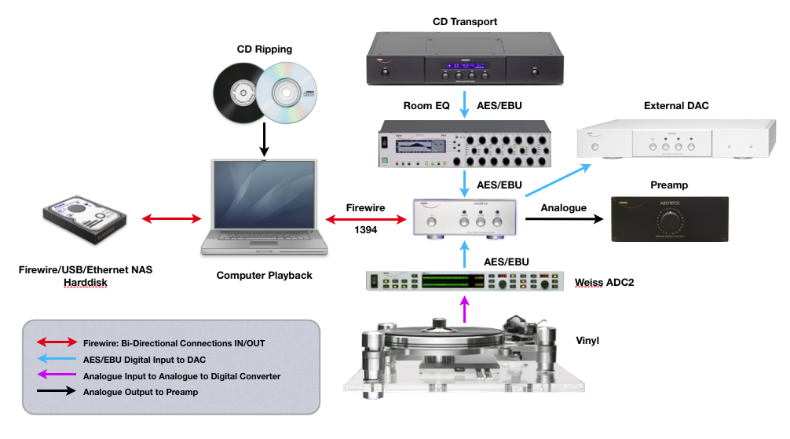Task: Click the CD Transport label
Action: (465, 21)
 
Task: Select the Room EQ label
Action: (426, 106)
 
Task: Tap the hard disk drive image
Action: (84, 217)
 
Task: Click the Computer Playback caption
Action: (264, 275)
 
